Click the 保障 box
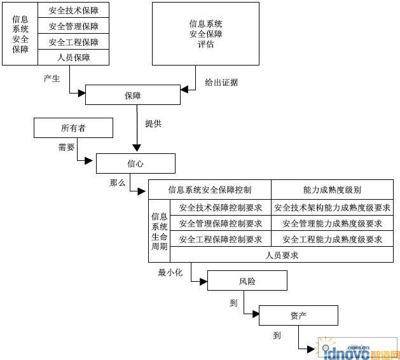pyautogui.click(x=133, y=95)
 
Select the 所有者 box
pyautogui.click(x=73, y=128)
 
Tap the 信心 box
pyautogui.click(x=135, y=163)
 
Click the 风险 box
pyautogui.click(x=247, y=280)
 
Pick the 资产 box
pyautogui.click(x=298, y=315)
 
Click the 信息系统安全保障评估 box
pyautogui.click(x=205, y=34)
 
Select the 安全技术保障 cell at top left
pyautogui.click(x=74, y=10)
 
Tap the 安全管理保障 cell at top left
pyautogui.click(x=74, y=26)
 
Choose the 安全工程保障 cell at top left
pyautogui.click(x=74, y=42)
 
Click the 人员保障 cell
pyautogui.click(x=74, y=57)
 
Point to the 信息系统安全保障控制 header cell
pyautogui.click(x=210, y=190)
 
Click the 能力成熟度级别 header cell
pyautogui.click(x=332, y=190)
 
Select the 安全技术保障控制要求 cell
pyautogui.click(x=221, y=207)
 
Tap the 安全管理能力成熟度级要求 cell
pyautogui.click(x=332, y=223)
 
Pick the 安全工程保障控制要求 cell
pyautogui.click(x=221, y=239)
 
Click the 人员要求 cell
pyautogui.click(x=282, y=255)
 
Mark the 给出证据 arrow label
pyautogui.click(x=221, y=82)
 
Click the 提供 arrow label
pyautogui.click(x=153, y=123)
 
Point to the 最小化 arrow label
pyautogui.click(x=170, y=272)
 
